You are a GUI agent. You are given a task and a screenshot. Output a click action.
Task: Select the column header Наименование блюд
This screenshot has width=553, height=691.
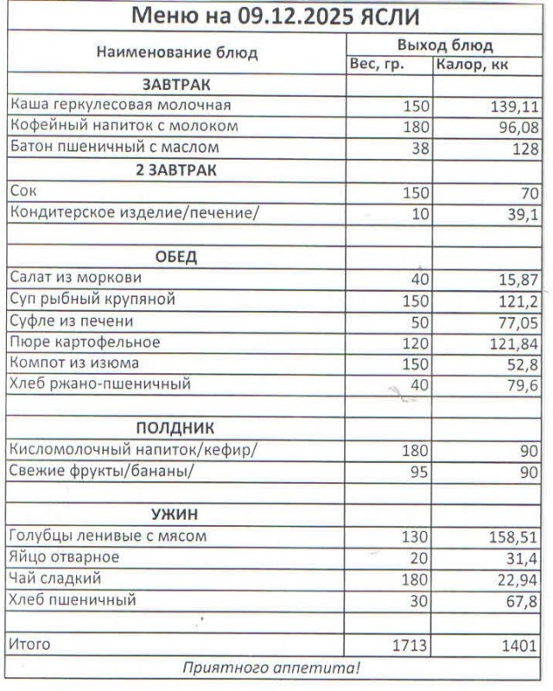[x=176, y=53]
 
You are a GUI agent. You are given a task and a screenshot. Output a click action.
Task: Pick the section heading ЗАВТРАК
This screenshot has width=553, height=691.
[x=176, y=85]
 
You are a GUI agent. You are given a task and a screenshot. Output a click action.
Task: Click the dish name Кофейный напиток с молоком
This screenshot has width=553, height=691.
[x=123, y=127]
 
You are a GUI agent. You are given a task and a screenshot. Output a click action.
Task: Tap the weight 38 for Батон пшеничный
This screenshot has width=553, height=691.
[x=420, y=149]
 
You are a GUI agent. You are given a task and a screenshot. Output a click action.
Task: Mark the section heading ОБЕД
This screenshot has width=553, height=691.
[x=176, y=257]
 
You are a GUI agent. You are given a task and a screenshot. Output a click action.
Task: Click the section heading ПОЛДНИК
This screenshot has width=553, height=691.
[x=176, y=428]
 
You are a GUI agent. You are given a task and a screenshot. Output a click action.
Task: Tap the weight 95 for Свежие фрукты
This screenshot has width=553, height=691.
[x=420, y=472]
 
